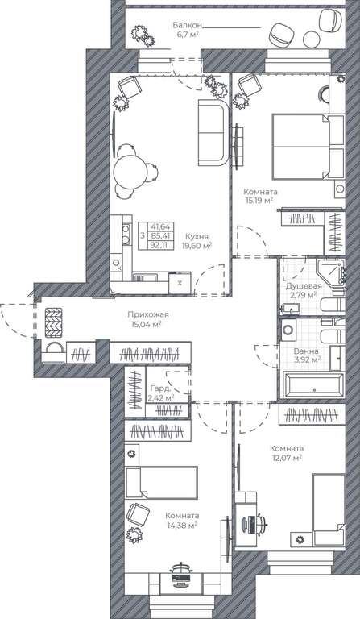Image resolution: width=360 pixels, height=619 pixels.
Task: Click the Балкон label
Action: coord(188,25)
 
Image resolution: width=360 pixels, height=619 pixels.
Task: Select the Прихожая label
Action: coord(148,314)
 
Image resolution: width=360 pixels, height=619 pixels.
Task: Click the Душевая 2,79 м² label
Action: coord(304,290)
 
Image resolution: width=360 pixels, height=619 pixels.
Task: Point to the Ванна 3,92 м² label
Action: coord(306,355)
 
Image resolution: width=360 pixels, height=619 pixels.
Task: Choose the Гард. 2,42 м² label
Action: coord(160,393)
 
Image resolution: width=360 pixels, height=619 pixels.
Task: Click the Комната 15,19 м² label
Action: coord(260,196)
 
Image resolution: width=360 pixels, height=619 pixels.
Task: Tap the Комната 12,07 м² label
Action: coord(287,453)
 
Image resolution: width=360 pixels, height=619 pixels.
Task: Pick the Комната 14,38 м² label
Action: coord(182,521)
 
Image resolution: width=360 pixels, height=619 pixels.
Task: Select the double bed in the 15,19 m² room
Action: coord(308,147)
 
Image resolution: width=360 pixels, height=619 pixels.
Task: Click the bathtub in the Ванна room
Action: coord(314,384)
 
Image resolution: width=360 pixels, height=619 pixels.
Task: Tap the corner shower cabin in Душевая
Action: coord(329,272)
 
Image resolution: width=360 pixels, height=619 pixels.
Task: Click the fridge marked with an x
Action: coord(180,283)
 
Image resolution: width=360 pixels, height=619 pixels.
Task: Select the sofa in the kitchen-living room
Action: coord(213,132)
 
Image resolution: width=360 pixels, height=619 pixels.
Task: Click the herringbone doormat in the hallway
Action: coord(54,322)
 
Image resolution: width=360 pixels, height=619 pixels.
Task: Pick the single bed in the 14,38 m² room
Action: coord(161,483)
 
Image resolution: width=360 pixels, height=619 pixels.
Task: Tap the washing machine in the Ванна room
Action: coord(289,329)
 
